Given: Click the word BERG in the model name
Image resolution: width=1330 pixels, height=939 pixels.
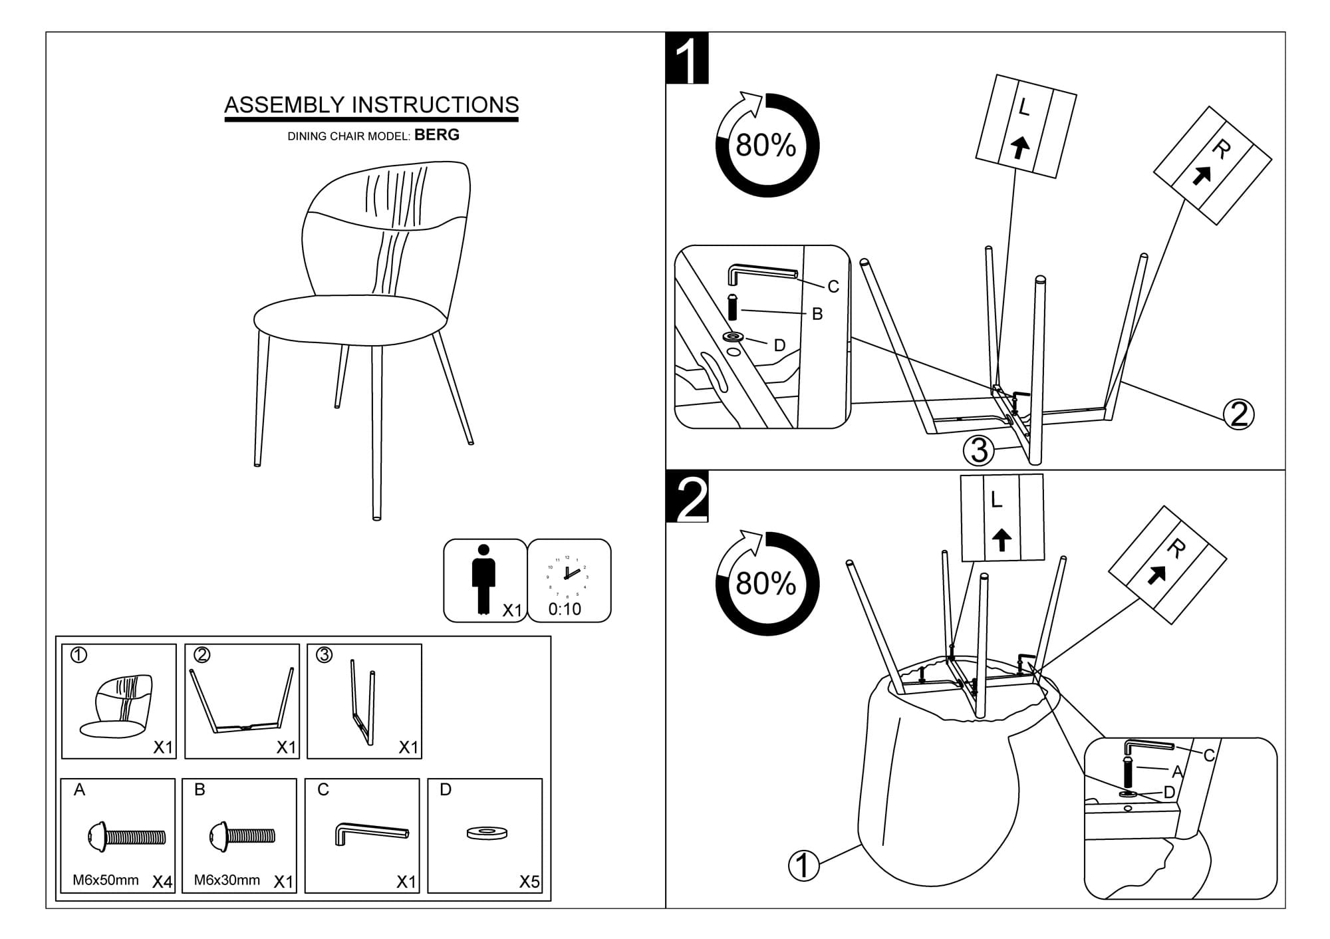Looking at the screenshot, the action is (x=437, y=135).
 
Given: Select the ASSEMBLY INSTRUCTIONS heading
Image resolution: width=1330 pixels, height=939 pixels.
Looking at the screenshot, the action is (x=371, y=105).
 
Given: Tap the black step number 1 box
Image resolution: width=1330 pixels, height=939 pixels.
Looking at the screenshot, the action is (x=688, y=59).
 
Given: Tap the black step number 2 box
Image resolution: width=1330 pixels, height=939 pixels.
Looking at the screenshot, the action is (x=688, y=497).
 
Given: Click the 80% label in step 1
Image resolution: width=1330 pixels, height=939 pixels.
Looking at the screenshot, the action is (x=766, y=146).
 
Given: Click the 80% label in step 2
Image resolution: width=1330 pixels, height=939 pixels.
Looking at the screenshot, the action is (x=766, y=584).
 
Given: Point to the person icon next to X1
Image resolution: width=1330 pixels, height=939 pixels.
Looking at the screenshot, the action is (x=483, y=579).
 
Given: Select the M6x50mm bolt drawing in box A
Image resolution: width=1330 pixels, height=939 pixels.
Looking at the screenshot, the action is (x=126, y=836).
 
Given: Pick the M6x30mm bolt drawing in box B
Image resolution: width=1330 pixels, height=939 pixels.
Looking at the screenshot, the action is (x=242, y=836).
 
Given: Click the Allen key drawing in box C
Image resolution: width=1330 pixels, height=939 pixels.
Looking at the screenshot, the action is (x=371, y=833).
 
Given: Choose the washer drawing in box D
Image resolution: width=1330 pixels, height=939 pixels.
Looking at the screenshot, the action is (x=487, y=833).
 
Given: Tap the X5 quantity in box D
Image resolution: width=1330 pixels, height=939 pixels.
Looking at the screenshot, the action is (x=529, y=882).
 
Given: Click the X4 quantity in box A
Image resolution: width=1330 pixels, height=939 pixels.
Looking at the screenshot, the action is (x=162, y=882).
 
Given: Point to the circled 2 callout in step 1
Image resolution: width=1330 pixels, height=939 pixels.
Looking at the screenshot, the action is (x=1239, y=415).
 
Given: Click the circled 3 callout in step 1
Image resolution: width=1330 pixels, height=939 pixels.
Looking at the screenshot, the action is (x=979, y=451).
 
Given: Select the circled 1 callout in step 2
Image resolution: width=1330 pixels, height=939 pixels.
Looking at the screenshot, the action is (x=803, y=866).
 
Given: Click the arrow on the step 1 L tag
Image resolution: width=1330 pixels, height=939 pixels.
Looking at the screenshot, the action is (x=1020, y=147).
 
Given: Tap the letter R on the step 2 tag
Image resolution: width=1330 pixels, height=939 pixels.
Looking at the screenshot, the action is (x=1176, y=549).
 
